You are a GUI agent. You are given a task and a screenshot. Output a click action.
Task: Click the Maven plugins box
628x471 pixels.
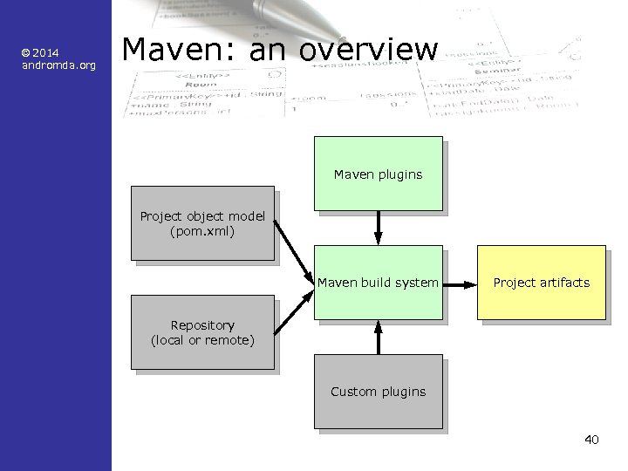(378, 174)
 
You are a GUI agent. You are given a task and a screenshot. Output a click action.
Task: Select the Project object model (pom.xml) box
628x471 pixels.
(202, 223)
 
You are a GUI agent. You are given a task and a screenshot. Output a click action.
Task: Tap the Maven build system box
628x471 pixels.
(378, 283)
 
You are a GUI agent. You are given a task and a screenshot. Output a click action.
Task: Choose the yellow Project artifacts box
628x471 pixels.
(541, 283)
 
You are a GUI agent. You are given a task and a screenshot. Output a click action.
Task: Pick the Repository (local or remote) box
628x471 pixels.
(202, 332)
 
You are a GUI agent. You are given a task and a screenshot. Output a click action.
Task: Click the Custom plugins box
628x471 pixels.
(378, 392)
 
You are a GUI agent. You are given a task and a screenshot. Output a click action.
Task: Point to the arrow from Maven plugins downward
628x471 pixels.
(378, 229)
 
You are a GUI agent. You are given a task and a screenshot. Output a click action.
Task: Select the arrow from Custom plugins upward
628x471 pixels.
(378, 337)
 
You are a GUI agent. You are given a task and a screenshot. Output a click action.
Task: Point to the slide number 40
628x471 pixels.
(591, 439)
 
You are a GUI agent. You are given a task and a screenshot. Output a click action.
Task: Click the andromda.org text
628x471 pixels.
(58, 65)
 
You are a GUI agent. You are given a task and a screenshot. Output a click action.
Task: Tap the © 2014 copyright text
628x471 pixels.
(42, 52)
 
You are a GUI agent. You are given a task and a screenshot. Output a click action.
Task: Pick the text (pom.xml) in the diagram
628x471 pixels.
(202, 231)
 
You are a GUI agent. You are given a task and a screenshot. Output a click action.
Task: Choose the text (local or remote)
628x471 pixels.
(202, 340)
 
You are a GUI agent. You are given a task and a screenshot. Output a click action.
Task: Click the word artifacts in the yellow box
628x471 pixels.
(564, 283)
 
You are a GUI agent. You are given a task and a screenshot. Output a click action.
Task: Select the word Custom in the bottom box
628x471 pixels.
(352, 392)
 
